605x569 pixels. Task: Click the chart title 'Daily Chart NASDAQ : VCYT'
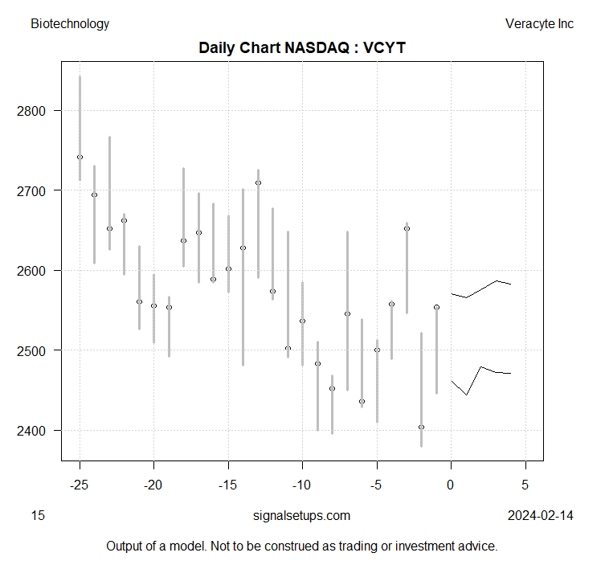coord(302,48)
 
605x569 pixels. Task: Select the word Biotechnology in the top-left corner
coord(70,24)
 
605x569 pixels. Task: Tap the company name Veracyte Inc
coord(539,24)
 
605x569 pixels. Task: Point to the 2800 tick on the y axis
coord(39,111)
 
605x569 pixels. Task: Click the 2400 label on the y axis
coord(39,431)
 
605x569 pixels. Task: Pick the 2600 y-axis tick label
coord(39,271)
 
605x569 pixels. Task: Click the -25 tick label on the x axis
coord(80,485)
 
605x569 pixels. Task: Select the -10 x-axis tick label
coord(302,485)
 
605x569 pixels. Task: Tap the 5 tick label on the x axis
coord(525,485)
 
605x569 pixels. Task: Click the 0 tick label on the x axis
coord(452,485)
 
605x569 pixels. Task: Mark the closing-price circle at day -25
coord(80,158)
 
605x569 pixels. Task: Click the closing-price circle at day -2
coord(421,427)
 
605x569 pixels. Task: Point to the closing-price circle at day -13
coord(258,182)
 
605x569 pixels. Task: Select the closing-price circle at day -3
coord(407,228)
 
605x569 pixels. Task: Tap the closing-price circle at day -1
coord(436,307)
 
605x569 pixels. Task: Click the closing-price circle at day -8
coord(332,388)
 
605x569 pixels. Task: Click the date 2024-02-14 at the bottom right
coord(541,516)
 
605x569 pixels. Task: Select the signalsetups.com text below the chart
coord(301,516)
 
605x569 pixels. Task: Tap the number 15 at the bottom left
coord(38,516)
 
